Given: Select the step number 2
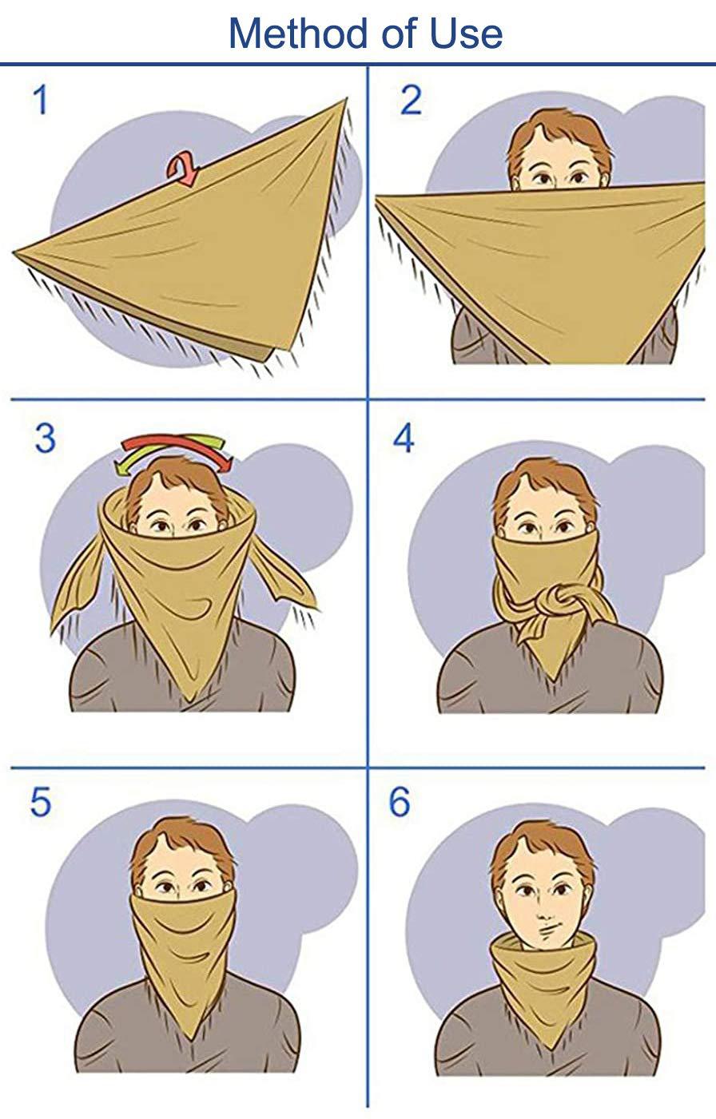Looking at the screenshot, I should (410, 101).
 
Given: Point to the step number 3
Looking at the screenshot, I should (45, 438).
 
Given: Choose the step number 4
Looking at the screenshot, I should (404, 438).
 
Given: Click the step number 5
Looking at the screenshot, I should (41, 803).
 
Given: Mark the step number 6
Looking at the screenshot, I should (400, 802).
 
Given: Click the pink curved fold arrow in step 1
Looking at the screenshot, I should (182, 170).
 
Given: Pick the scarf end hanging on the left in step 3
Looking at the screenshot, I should (76, 587).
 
